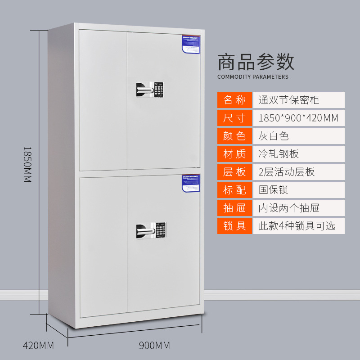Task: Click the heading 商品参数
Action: click(256, 62)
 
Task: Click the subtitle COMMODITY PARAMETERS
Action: click(253, 77)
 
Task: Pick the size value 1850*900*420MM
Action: click(298, 118)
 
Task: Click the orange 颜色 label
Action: click(234, 135)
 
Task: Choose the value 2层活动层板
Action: click(287, 171)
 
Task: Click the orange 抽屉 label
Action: click(234, 207)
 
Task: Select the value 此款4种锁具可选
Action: click(297, 225)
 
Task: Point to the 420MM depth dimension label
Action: click(38, 346)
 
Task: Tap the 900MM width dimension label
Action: click(154, 346)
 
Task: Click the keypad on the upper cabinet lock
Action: click(158, 89)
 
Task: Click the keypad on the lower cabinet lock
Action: click(160, 230)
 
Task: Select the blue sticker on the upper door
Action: click(191, 44)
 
